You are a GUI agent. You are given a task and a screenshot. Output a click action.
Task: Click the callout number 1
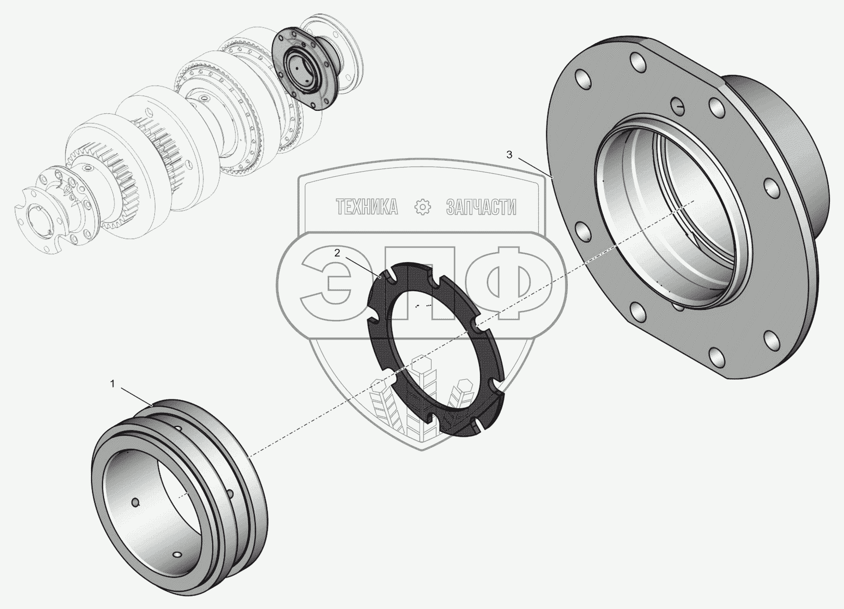tap(112, 384)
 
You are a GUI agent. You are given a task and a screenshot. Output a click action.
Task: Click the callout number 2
tap(337, 253)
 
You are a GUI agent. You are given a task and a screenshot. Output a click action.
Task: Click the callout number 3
tap(509, 154)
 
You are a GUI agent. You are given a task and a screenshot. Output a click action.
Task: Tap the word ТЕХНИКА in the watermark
tap(367, 207)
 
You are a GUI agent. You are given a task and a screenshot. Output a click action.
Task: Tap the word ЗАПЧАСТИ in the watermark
tap(481, 207)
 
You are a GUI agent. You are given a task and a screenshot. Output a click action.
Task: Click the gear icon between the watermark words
tap(422, 207)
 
